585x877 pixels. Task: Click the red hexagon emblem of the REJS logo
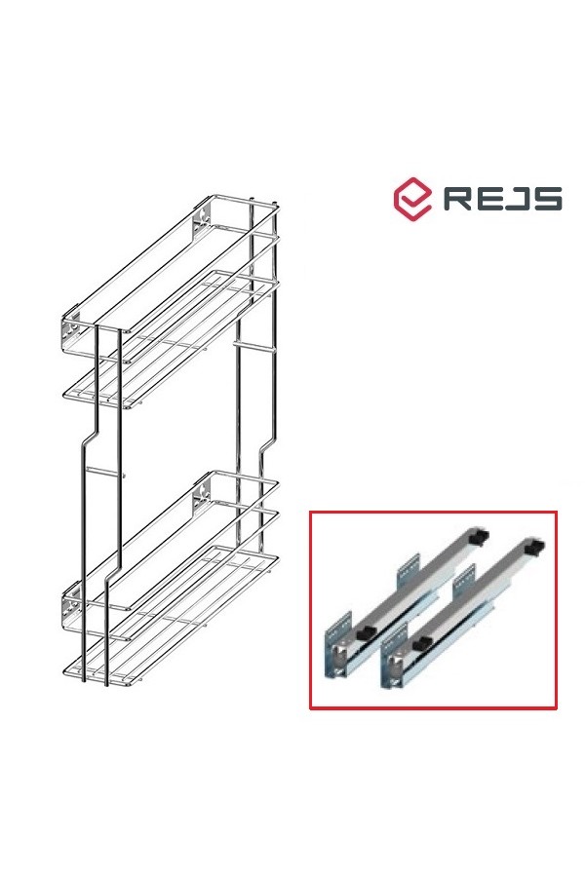pyautogui.click(x=412, y=199)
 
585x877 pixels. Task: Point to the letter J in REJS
pyautogui.click(x=516, y=199)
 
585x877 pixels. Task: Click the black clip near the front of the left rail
pyautogui.click(x=365, y=634)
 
